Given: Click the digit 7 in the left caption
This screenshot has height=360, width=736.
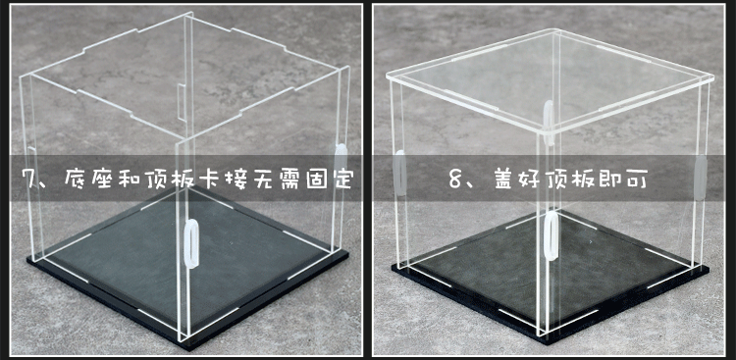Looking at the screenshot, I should [x=27, y=180].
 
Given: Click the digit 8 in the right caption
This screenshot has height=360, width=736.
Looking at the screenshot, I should [x=456, y=180].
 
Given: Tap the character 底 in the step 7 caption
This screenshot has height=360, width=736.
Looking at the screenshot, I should [x=78, y=180].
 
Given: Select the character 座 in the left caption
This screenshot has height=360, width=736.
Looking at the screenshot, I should [x=108, y=180].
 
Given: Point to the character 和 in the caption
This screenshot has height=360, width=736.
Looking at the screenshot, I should [x=138, y=180].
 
